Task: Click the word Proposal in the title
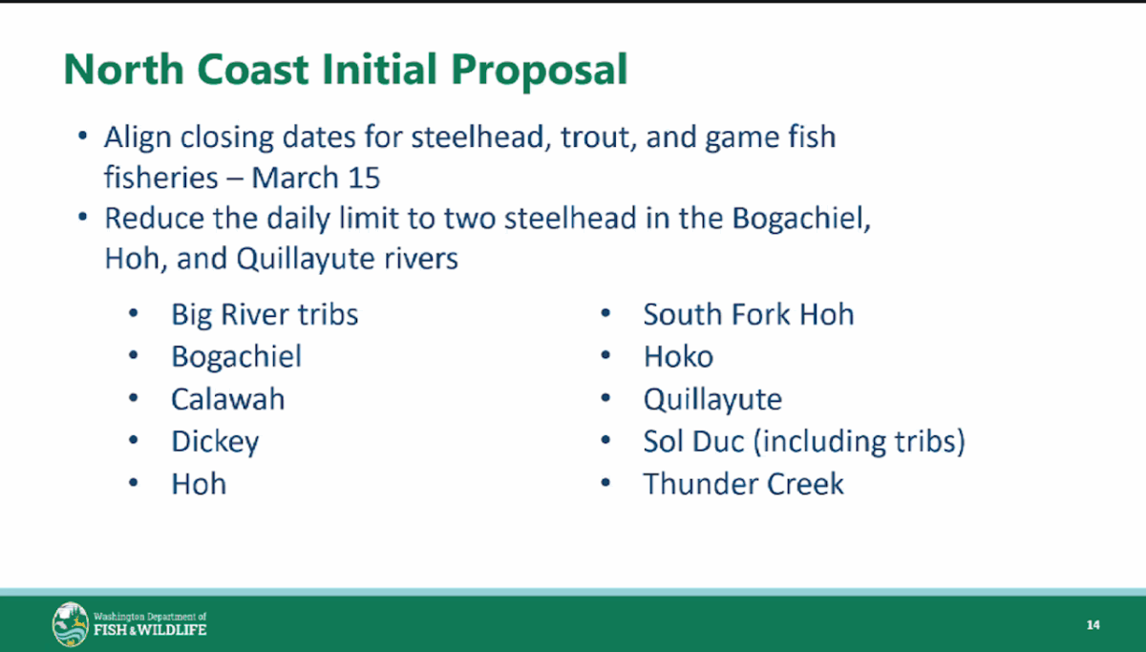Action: (x=539, y=70)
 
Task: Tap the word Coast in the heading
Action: (x=253, y=69)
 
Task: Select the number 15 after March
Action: (x=364, y=178)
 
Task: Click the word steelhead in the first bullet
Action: (x=477, y=137)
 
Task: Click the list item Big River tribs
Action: (x=265, y=314)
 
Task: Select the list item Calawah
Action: (x=227, y=399)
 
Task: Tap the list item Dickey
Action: (x=216, y=442)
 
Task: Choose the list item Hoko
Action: (x=678, y=356)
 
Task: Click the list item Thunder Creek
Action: (x=743, y=484)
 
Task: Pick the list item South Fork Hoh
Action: (x=749, y=314)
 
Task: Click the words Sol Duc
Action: (x=693, y=441)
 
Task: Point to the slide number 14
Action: (x=1093, y=625)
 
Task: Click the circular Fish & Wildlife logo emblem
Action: (x=71, y=624)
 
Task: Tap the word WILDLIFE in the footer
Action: (x=172, y=630)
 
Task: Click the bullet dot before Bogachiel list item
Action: (x=134, y=355)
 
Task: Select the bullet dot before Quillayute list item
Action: (x=605, y=398)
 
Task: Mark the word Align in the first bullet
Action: (x=138, y=138)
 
